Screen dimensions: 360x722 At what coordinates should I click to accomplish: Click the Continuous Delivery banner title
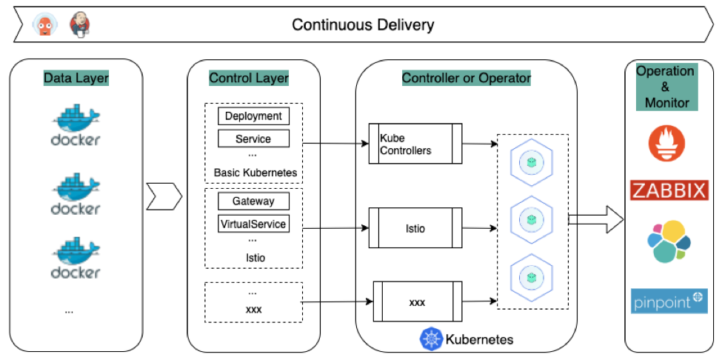tap(363, 24)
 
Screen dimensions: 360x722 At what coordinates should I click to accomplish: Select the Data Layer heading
tap(76, 78)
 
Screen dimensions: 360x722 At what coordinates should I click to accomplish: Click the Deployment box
tap(253, 116)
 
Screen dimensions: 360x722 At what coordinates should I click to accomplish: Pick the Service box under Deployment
tap(253, 139)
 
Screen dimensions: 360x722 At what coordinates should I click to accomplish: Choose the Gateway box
tap(253, 201)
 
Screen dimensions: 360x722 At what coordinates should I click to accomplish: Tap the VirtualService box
tap(253, 223)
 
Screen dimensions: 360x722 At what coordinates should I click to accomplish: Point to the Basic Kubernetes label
tap(255, 173)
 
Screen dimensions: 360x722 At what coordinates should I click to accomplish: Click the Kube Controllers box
tap(415, 144)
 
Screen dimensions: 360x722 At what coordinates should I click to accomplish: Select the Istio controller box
tap(415, 229)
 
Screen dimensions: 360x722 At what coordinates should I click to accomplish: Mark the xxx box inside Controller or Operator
tap(417, 302)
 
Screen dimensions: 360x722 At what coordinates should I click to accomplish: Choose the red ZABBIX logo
tap(669, 190)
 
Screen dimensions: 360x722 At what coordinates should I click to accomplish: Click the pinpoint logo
tap(669, 301)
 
